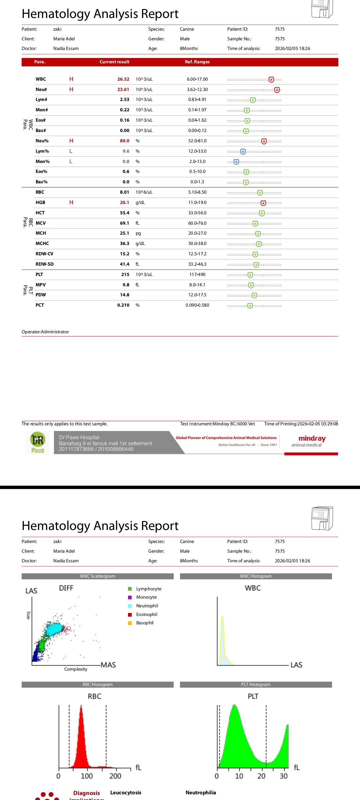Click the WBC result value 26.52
tap(123, 79)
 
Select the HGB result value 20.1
tap(124, 203)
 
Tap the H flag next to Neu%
tap(71, 141)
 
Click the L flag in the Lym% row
tap(71, 151)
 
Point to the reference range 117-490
tap(197, 275)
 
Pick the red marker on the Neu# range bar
tap(277, 90)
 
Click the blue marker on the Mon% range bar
tap(236, 162)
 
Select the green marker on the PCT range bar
tap(250, 306)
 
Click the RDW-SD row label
tap(45, 264)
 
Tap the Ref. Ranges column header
tap(197, 62)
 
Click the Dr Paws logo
tap(38, 443)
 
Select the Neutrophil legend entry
tap(147, 606)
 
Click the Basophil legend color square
tap(130, 623)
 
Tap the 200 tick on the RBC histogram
tap(115, 776)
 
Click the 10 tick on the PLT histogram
tap(239, 776)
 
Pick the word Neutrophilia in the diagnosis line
tap(201, 793)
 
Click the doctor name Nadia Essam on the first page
tap(66, 49)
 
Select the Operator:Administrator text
tap(45, 332)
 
